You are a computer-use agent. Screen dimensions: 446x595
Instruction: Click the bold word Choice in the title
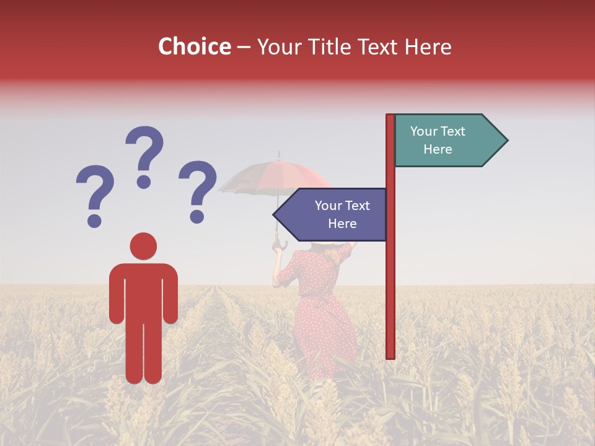[x=194, y=46]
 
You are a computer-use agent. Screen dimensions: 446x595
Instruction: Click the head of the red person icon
[x=143, y=246]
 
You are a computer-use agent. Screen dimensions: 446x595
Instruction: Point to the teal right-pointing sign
[x=446, y=141]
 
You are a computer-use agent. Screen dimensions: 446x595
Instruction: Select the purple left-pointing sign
[x=335, y=214]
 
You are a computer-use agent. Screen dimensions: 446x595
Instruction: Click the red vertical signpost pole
[x=390, y=279]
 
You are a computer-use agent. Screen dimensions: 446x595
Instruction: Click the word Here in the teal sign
[x=438, y=149]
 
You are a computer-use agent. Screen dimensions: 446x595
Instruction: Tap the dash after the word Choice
[x=244, y=47]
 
